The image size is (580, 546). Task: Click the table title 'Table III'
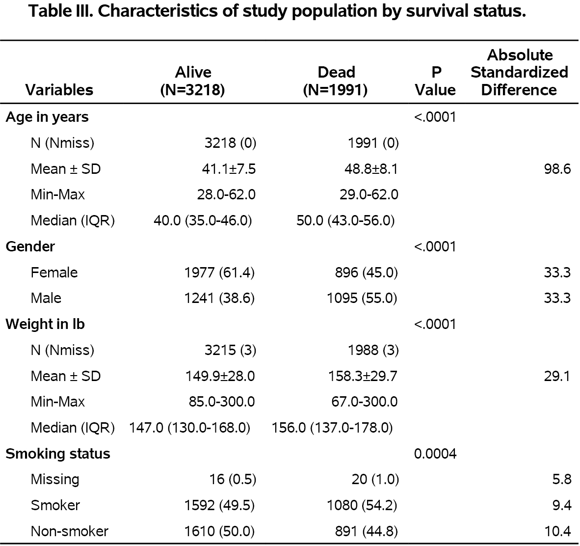tap(277, 11)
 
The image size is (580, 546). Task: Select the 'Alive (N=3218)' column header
tap(193, 81)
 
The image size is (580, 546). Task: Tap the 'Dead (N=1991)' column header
tap(336, 81)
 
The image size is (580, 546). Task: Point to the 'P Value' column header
tap(435, 81)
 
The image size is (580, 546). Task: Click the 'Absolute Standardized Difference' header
tap(519, 72)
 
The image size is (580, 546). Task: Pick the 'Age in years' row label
tap(47, 117)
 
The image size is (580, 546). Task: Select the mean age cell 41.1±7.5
tap(229, 169)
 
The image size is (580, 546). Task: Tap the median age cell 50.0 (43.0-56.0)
tap(345, 221)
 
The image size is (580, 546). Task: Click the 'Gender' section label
tap(30, 246)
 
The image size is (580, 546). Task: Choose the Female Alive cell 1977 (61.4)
tap(219, 273)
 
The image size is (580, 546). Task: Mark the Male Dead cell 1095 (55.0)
tap(362, 299)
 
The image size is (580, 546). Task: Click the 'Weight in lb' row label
tap(45, 325)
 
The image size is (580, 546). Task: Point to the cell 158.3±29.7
tap(363, 377)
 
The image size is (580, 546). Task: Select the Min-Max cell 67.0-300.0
tap(365, 402)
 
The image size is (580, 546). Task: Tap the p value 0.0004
tap(435, 454)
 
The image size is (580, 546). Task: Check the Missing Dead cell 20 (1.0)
tap(375, 480)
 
